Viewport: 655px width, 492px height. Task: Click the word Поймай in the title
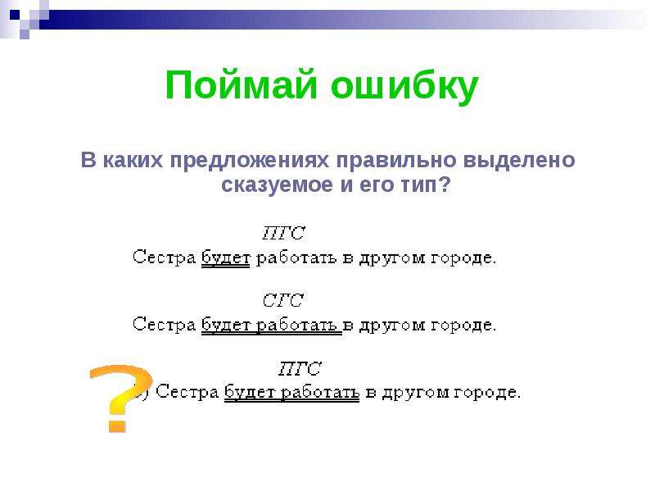tap(241, 85)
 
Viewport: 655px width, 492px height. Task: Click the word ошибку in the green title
tap(404, 87)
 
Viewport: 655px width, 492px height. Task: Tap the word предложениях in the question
tap(250, 161)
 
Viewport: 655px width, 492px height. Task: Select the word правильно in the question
tap(396, 161)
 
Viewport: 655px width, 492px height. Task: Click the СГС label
tap(282, 300)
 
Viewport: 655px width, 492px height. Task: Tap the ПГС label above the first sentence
tap(283, 233)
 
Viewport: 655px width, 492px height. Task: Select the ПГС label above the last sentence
tap(300, 368)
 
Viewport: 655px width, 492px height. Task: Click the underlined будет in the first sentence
tap(226, 257)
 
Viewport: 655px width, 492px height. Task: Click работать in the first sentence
tap(296, 258)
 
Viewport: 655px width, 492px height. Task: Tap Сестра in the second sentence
tap(165, 324)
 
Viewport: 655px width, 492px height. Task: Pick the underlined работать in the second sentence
tap(296, 325)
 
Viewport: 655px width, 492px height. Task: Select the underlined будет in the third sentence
tap(249, 392)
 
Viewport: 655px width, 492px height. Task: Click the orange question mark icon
tap(121, 397)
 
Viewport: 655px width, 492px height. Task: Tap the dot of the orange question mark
tap(117, 424)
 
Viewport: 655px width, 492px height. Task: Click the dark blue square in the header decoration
tap(15, 15)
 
